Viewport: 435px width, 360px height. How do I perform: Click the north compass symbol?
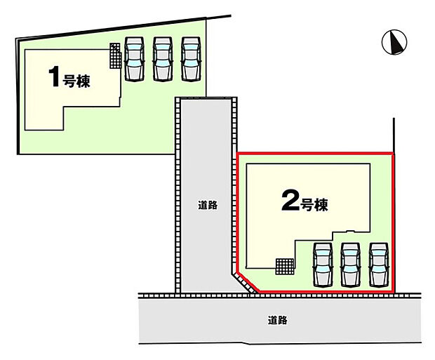click(x=394, y=42)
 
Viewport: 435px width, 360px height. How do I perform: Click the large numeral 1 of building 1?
click(x=54, y=76)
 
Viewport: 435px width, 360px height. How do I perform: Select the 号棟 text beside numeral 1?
click(x=76, y=81)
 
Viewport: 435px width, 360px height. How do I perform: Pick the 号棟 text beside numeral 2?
click(x=314, y=205)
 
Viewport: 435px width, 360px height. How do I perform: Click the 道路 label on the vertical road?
click(x=208, y=205)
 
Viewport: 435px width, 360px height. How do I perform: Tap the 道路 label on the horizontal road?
click(x=278, y=320)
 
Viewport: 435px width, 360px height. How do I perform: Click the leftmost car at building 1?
click(x=134, y=59)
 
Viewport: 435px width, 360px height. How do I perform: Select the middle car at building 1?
click(x=163, y=59)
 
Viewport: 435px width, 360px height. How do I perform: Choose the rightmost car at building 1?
click(x=191, y=59)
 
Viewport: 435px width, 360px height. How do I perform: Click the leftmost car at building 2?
click(x=323, y=265)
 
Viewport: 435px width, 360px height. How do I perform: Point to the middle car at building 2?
click(x=351, y=265)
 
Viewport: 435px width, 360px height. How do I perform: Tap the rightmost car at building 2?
click(x=379, y=265)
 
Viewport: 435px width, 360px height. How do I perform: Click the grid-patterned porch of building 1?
click(x=116, y=55)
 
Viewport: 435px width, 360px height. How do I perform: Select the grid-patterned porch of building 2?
click(x=285, y=267)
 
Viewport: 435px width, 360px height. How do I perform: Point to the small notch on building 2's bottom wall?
click(x=351, y=230)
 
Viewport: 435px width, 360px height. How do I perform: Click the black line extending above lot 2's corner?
click(x=394, y=135)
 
